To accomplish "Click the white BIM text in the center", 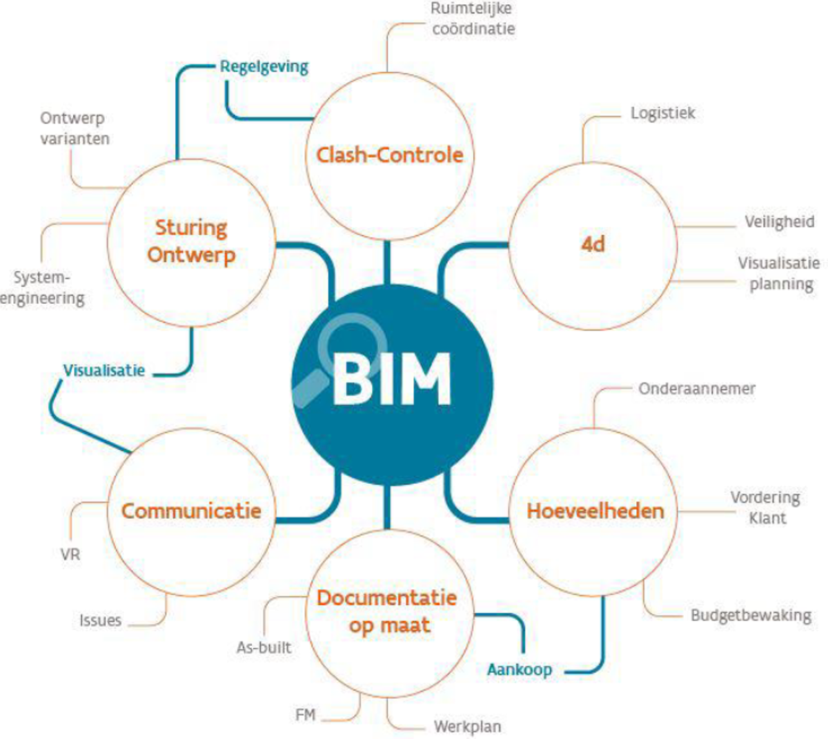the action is [391, 379].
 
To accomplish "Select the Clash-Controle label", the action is [390, 155].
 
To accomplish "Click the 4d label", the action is [593, 244].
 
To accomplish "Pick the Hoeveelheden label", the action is [595, 511].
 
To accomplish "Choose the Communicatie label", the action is [191, 511].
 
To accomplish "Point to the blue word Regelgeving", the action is [264, 67].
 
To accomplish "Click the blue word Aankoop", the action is [520, 670].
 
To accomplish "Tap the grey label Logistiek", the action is [662, 113].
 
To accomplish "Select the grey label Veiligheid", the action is [780, 222].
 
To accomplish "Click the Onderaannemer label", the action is [697, 389].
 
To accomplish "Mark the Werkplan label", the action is [468, 727].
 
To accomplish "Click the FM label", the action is [305, 715].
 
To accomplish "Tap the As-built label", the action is [264, 647].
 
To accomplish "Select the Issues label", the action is [101, 620].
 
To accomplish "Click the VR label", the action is [70, 555].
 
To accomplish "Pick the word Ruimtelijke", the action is [471, 9].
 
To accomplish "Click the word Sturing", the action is [191, 228].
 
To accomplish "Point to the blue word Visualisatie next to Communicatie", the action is [104, 371].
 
